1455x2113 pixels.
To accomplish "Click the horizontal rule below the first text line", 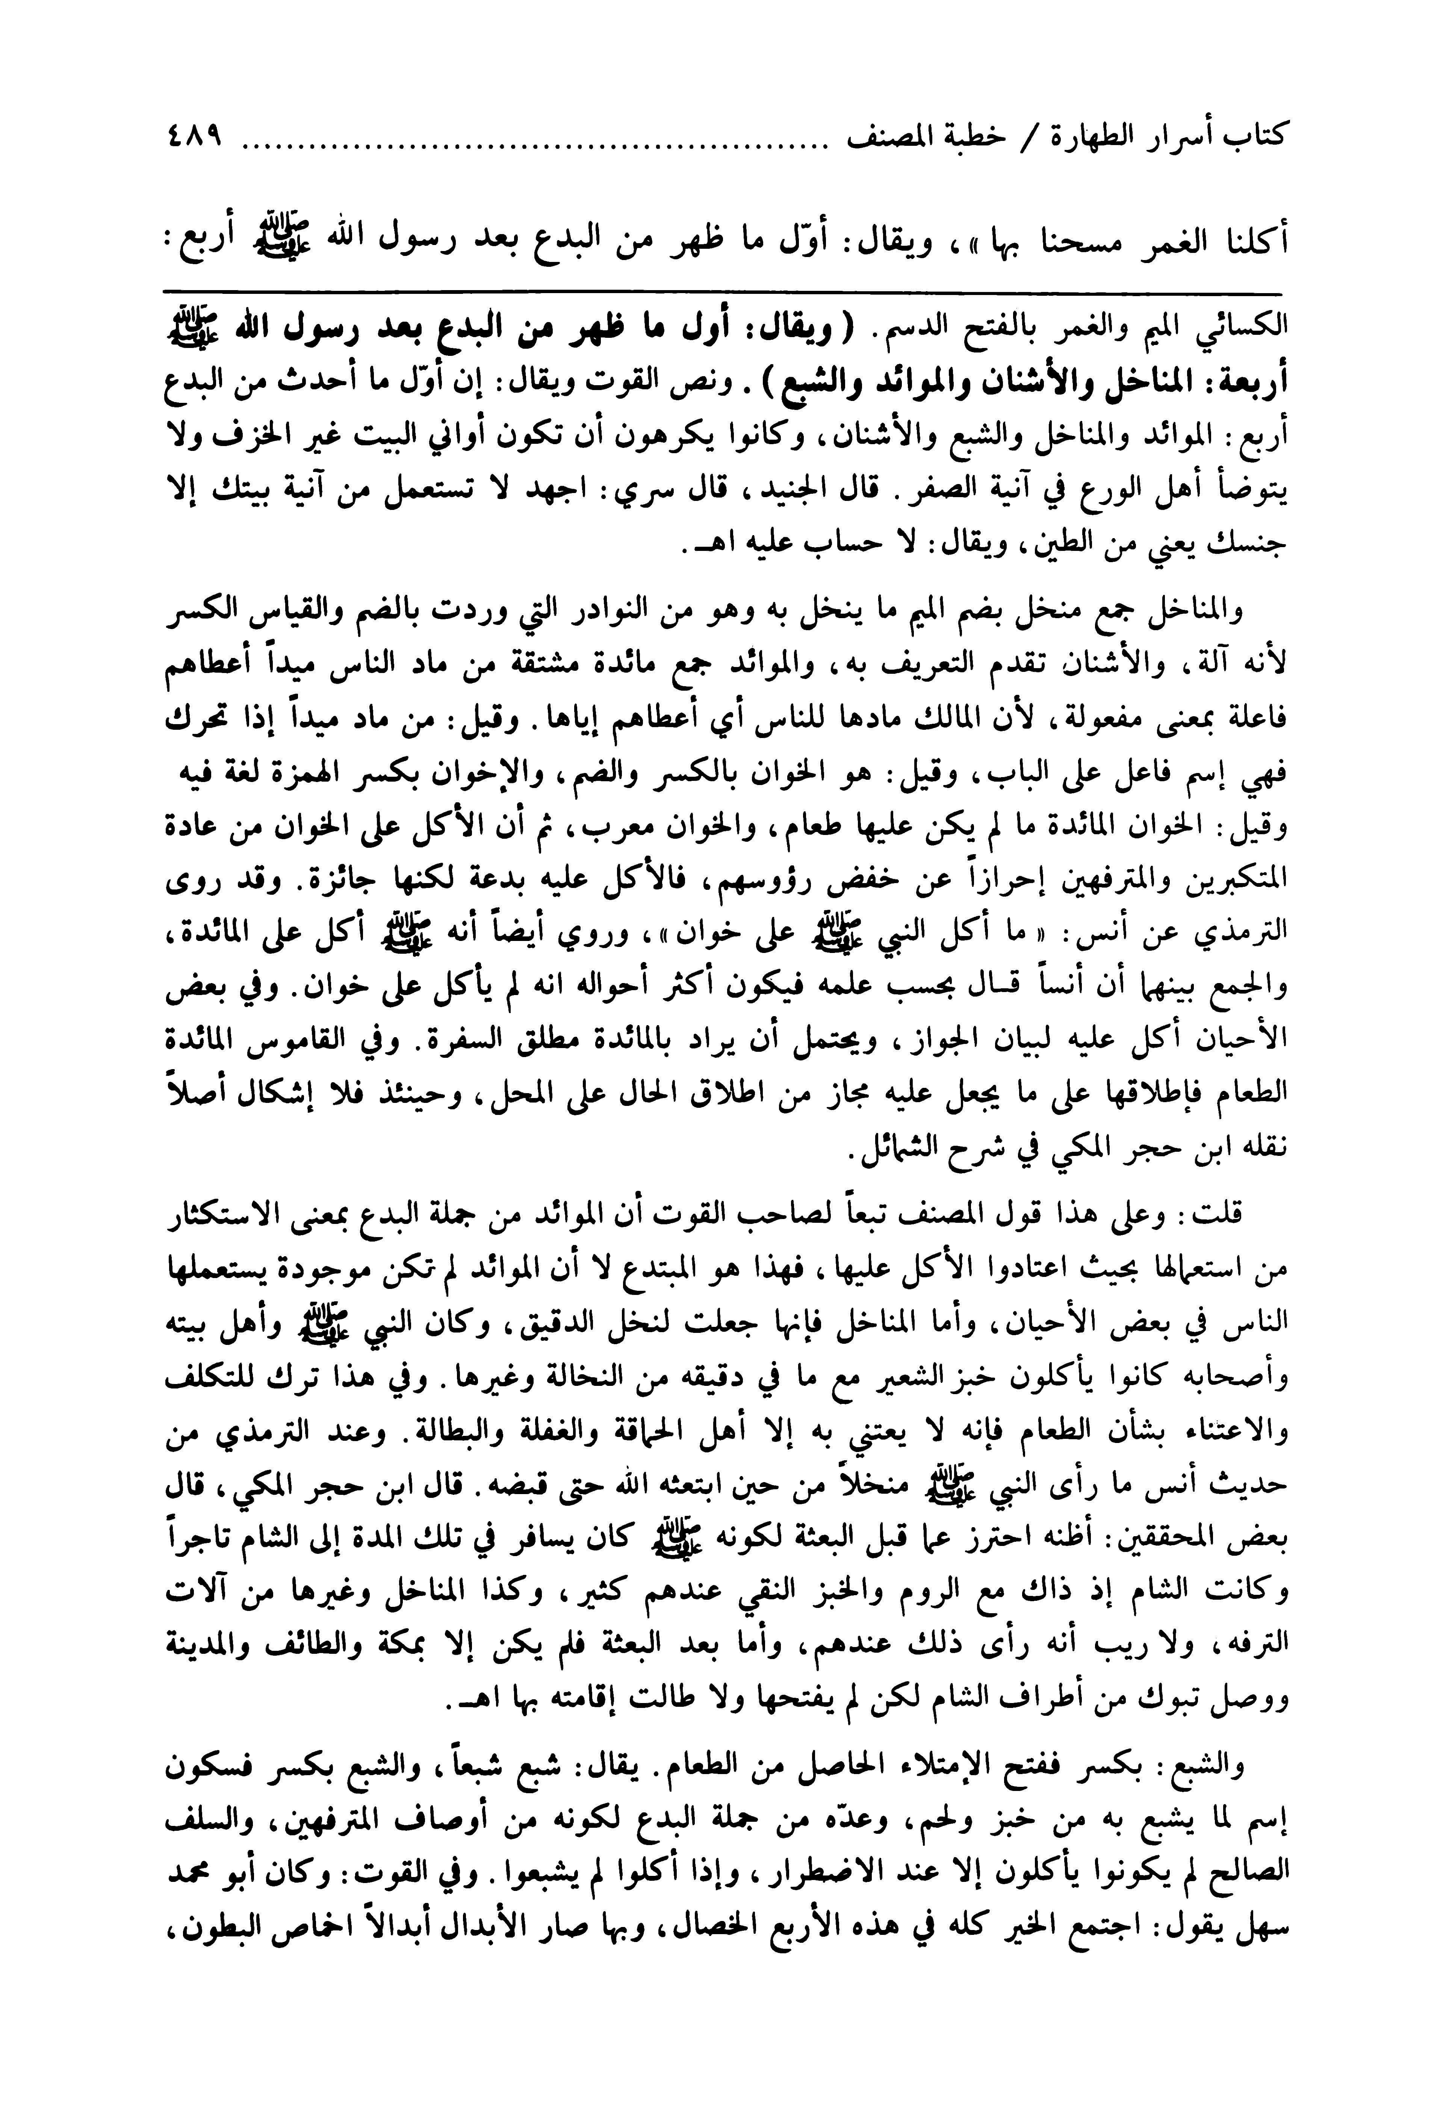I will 725,292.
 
